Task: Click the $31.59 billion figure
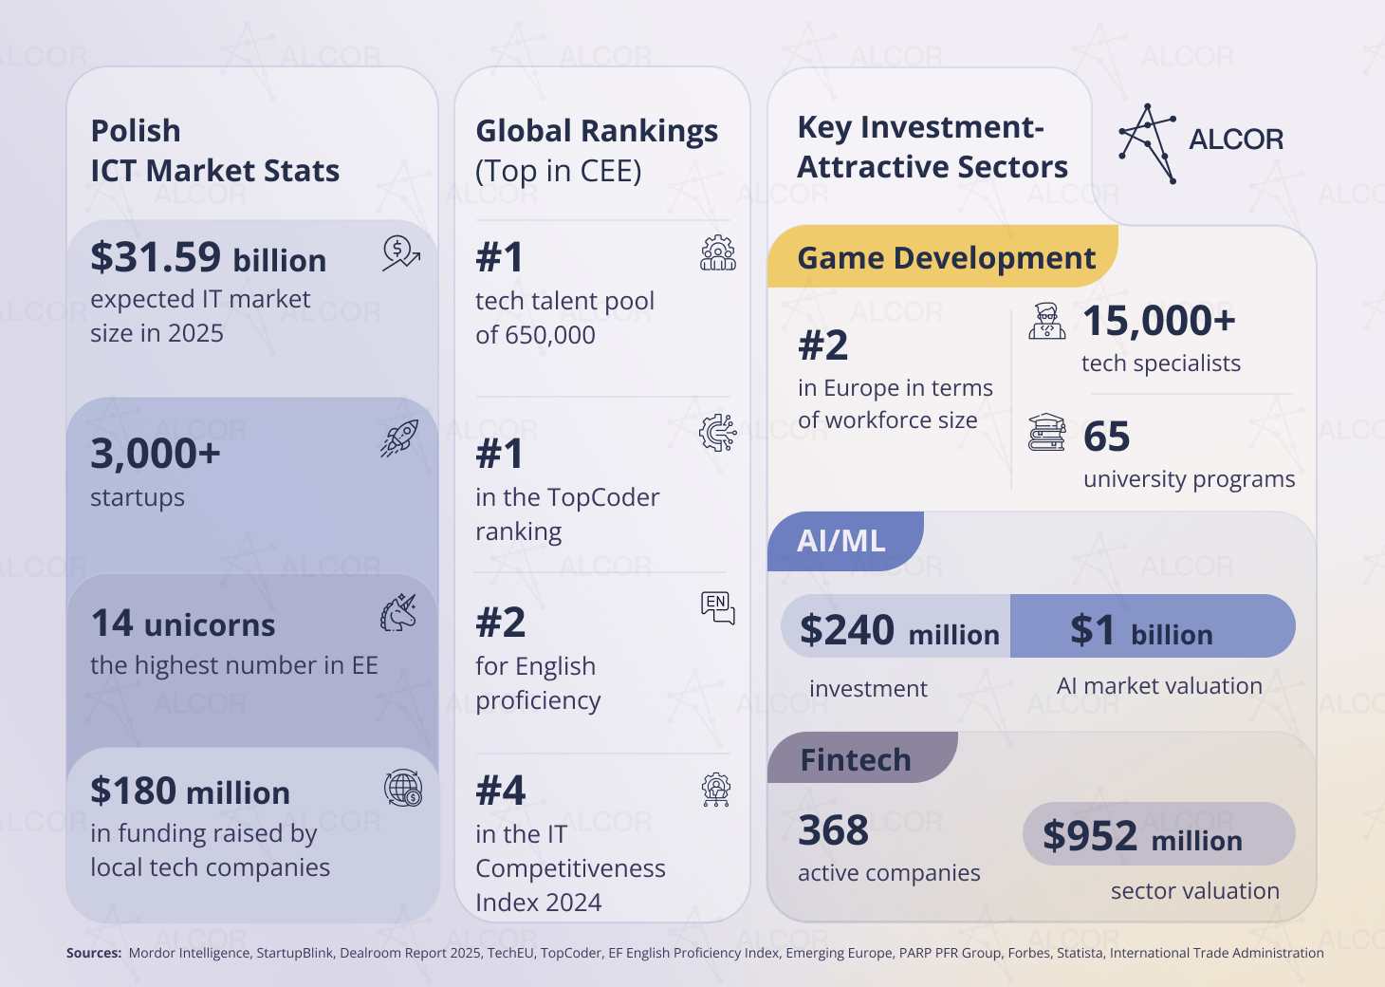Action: tap(209, 256)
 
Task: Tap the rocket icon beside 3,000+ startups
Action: tap(399, 438)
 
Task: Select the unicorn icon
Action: tap(398, 612)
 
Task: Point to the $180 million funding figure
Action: tap(190, 791)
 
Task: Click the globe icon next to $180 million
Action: tap(403, 788)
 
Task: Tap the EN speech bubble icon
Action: tap(718, 608)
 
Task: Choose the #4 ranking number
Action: tap(501, 790)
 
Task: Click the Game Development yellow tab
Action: tap(942, 256)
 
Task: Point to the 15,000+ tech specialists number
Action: tap(1158, 321)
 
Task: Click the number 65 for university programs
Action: tap(1106, 436)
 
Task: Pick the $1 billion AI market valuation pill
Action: tap(1153, 625)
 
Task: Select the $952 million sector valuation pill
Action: tap(1158, 833)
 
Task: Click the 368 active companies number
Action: tap(833, 829)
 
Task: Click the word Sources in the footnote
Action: tap(93, 953)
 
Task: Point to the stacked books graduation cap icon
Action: tap(1046, 432)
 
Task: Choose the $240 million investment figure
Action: tap(899, 629)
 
